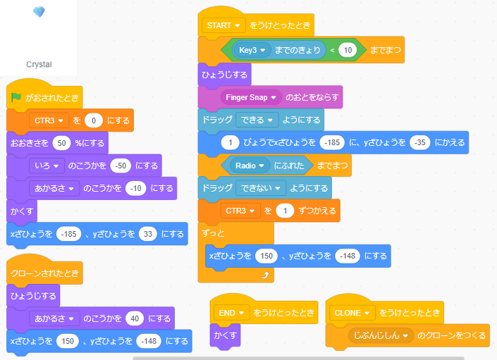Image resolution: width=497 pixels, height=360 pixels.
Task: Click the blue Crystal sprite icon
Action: point(39,12)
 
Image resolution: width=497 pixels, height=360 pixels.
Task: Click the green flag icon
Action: point(16,97)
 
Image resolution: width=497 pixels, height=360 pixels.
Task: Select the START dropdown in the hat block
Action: point(223,25)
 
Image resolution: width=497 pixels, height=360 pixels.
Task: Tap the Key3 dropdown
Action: point(252,50)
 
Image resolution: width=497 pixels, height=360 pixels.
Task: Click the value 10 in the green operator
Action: point(348,50)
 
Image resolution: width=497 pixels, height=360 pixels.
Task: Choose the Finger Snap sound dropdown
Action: point(251,97)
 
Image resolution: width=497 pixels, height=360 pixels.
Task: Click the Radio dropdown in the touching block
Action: point(250,166)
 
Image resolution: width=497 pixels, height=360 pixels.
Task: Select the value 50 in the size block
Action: point(61,143)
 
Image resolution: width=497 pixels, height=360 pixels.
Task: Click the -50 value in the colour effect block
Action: point(121,166)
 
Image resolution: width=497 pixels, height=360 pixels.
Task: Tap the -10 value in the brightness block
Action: point(135,188)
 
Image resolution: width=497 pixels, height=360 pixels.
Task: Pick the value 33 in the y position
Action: point(148,234)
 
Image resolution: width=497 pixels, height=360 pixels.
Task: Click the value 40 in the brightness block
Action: point(135,318)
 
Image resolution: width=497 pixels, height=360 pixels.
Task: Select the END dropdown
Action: point(231,313)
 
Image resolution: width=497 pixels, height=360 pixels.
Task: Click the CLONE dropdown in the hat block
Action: point(352,313)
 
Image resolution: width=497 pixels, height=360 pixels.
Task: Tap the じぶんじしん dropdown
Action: point(381,335)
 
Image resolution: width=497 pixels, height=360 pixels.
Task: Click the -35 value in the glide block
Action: point(419,142)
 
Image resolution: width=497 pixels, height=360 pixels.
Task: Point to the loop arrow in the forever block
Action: point(265,275)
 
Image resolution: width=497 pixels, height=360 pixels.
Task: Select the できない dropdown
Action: point(261,188)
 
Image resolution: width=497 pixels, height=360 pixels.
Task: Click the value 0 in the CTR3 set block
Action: point(94,120)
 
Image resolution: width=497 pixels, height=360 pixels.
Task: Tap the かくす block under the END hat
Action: point(225,335)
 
